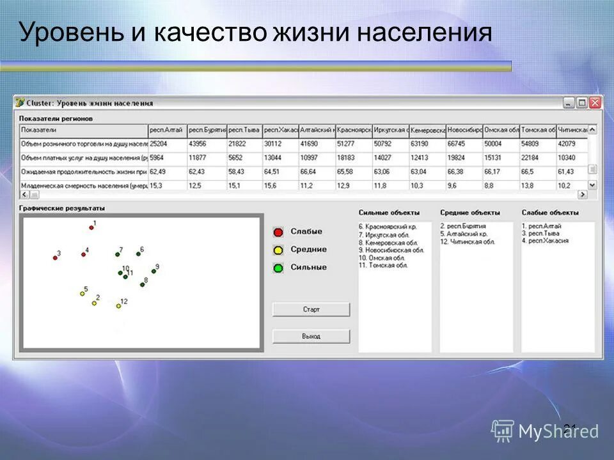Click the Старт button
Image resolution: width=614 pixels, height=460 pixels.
click(311, 309)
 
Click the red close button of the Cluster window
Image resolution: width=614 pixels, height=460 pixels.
click(595, 103)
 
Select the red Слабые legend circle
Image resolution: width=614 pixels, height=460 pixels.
click(278, 232)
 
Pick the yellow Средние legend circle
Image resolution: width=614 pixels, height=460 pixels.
click(278, 250)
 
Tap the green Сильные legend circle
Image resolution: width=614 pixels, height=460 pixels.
click(278, 268)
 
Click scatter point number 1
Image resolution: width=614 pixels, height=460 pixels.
click(91, 227)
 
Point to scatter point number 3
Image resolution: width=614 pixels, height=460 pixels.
click(55, 257)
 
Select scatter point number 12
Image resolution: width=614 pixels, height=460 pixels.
click(118, 305)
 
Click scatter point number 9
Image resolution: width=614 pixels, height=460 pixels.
click(153, 271)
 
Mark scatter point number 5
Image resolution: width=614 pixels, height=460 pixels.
click(82, 293)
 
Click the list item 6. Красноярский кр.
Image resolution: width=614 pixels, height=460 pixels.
click(388, 227)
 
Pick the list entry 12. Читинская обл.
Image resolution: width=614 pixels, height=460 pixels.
click(468, 242)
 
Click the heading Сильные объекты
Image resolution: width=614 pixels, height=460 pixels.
click(389, 213)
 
